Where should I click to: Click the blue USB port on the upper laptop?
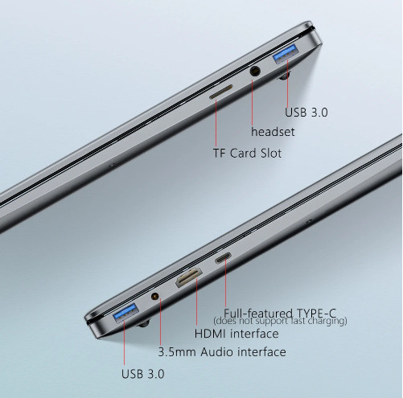tap(285, 53)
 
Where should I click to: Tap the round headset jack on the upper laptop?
tap(255, 72)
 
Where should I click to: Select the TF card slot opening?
tap(221, 92)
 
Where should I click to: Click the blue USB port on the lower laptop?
tap(125, 313)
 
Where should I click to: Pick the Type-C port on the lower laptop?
tap(223, 257)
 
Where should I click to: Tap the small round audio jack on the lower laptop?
tap(155, 297)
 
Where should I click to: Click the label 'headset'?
tap(273, 132)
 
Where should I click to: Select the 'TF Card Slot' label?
tap(247, 154)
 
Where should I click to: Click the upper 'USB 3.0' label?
tap(306, 112)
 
